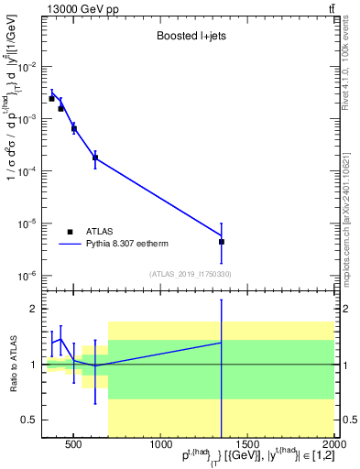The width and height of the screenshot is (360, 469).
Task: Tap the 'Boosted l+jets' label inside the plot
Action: point(190,38)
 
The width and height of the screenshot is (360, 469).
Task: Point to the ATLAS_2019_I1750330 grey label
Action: point(190,273)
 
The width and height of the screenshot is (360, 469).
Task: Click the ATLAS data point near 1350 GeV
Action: point(222,242)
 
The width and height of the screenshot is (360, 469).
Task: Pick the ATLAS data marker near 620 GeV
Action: point(95,158)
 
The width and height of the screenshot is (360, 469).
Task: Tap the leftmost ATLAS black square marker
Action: point(52,98)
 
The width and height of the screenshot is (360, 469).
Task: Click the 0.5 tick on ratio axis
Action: point(30,420)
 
